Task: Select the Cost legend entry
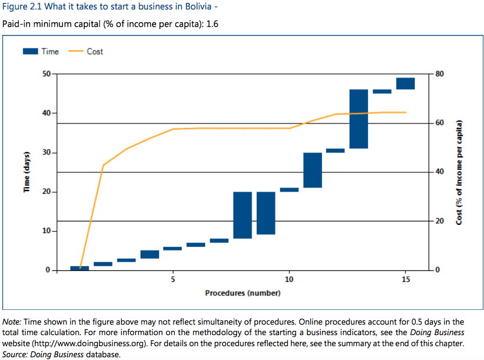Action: click(x=86, y=51)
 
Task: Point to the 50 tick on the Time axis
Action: click(x=45, y=74)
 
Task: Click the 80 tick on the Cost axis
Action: click(x=439, y=74)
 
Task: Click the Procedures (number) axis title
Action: click(x=242, y=292)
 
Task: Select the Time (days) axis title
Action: click(x=26, y=172)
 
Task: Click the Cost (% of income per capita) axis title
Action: click(x=460, y=172)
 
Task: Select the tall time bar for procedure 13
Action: click(x=359, y=119)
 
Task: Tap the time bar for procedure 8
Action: click(x=242, y=215)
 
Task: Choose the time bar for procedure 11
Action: click(x=312, y=170)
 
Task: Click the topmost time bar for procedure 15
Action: click(x=405, y=83)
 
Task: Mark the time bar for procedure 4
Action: click(x=150, y=255)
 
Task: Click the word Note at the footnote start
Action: click(x=12, y=322)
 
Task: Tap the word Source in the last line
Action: click(x=15, y=354)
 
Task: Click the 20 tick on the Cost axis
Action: click(x=439, y=221)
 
